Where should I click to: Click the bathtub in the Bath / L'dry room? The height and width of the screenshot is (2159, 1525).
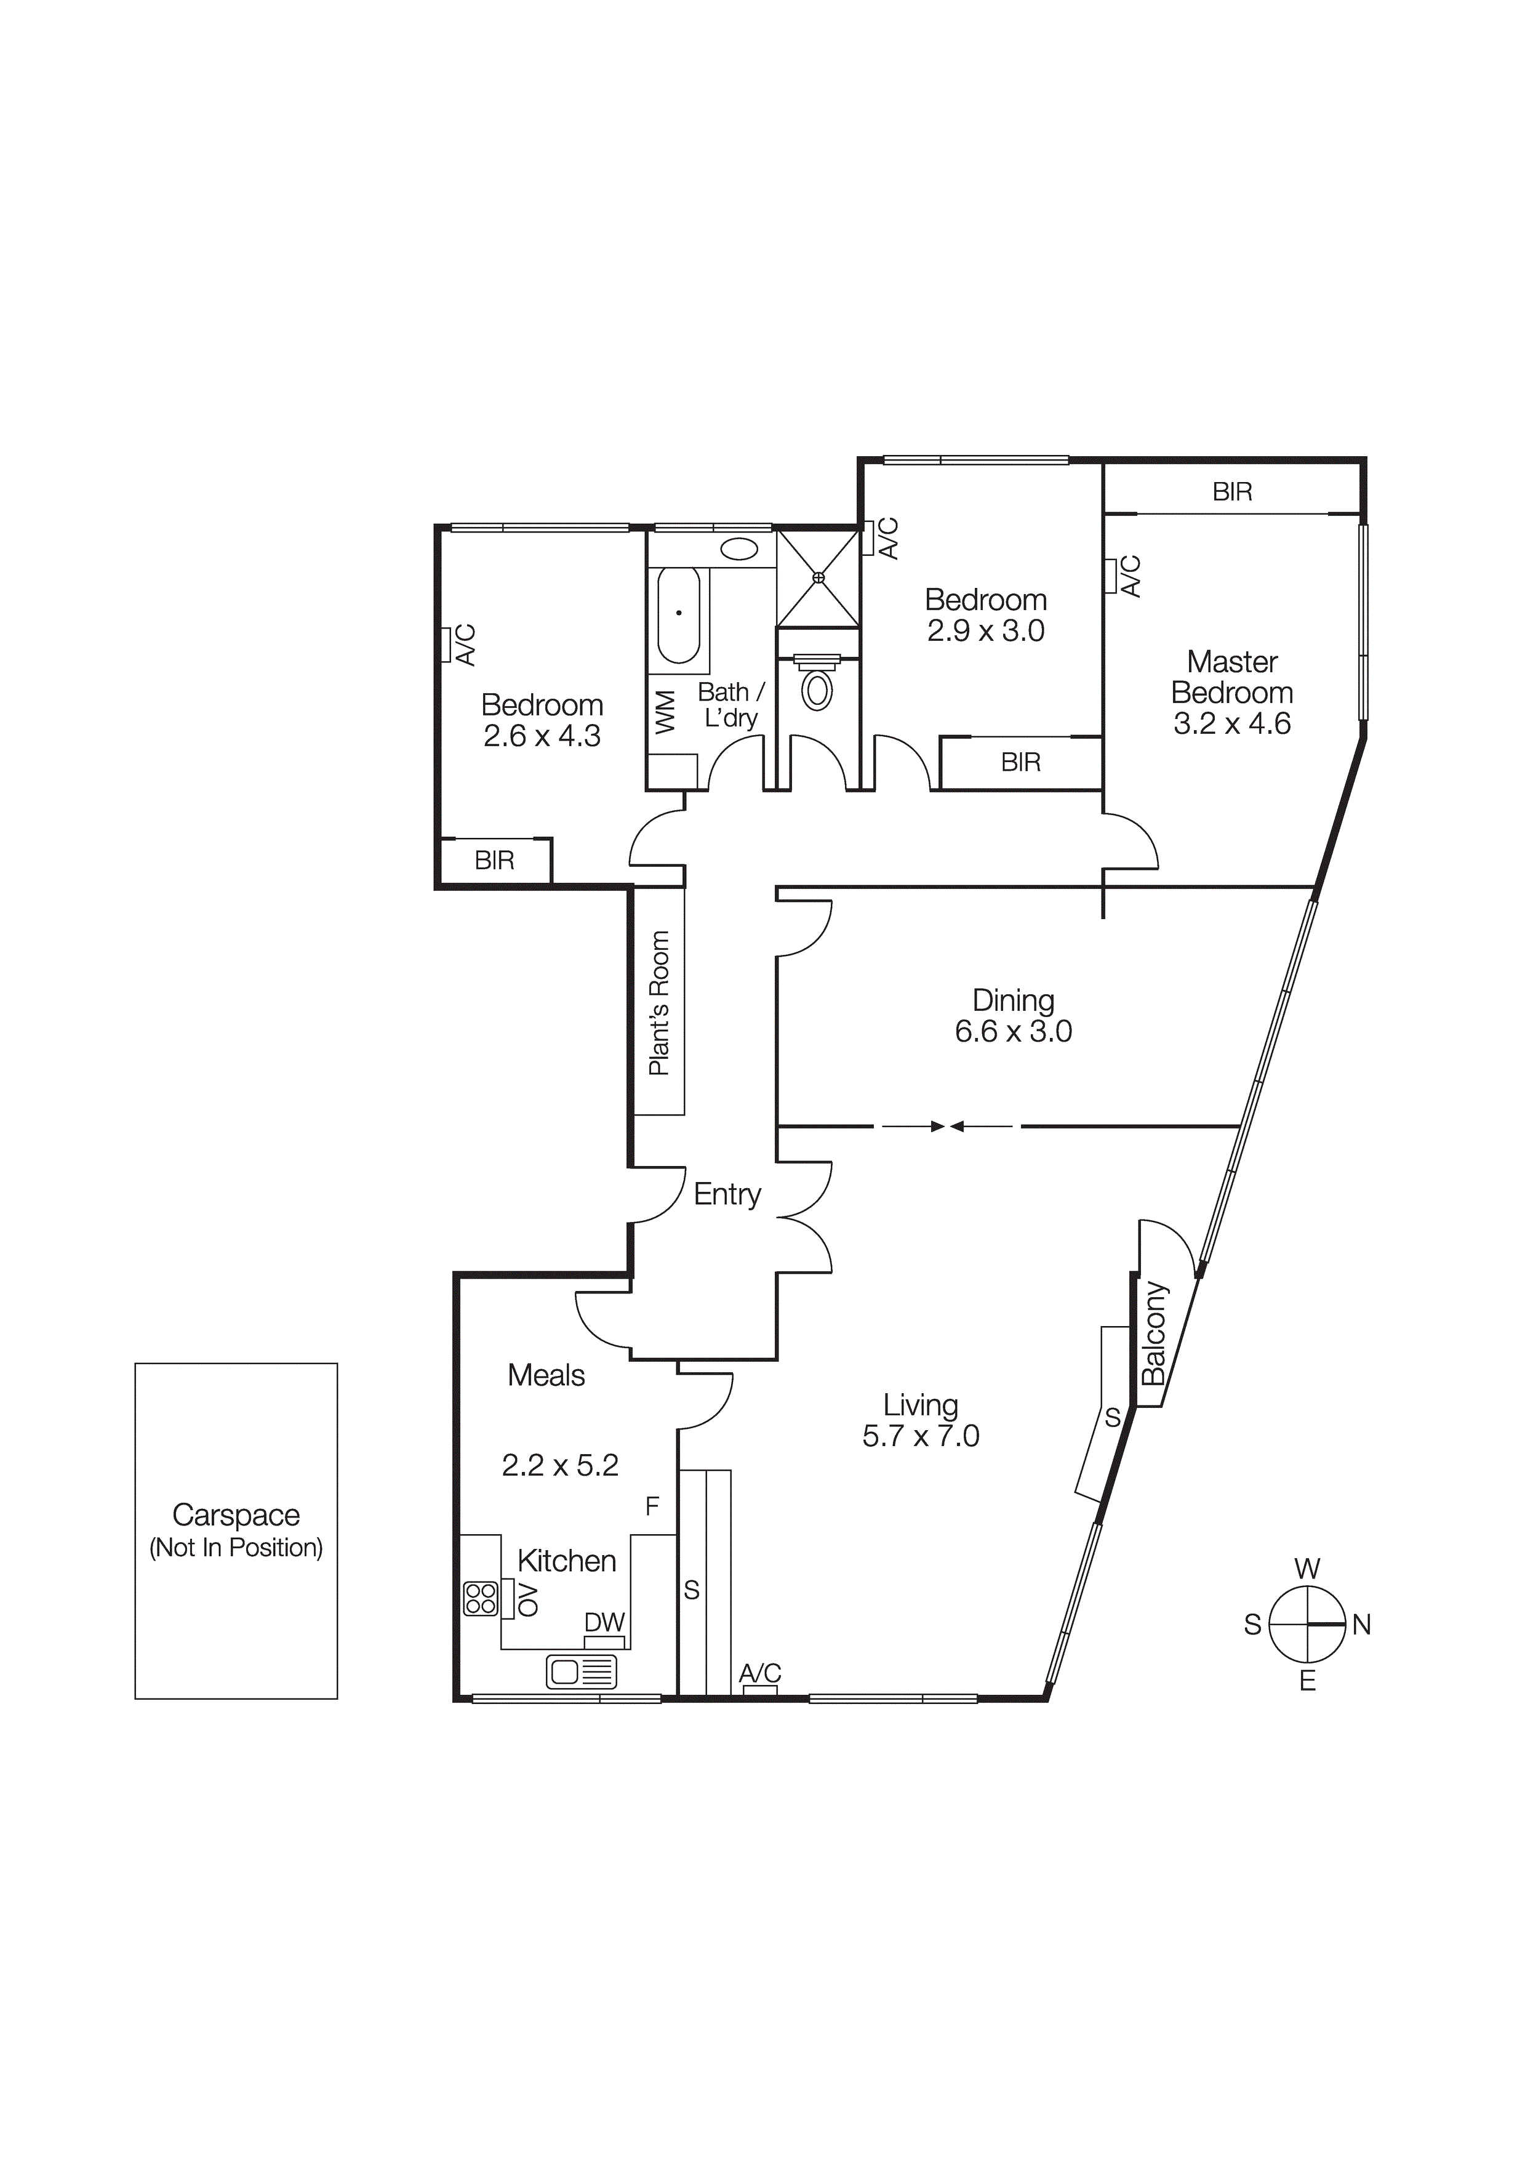click(x=678, y=616)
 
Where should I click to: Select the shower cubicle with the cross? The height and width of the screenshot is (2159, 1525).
click(x=818, y=577)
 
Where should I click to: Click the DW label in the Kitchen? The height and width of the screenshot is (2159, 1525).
click(x=604, y=1622)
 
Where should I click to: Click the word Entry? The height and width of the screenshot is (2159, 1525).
click(x=727, y=1194)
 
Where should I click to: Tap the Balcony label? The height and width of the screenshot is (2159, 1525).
click(x=1154, y=1333)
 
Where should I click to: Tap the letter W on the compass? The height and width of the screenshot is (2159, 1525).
click(x=1307, y=1569)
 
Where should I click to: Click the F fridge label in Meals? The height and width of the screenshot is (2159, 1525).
click(x=652, y=1507)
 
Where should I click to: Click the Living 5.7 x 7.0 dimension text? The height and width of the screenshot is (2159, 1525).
click(x=921, y=1436)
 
